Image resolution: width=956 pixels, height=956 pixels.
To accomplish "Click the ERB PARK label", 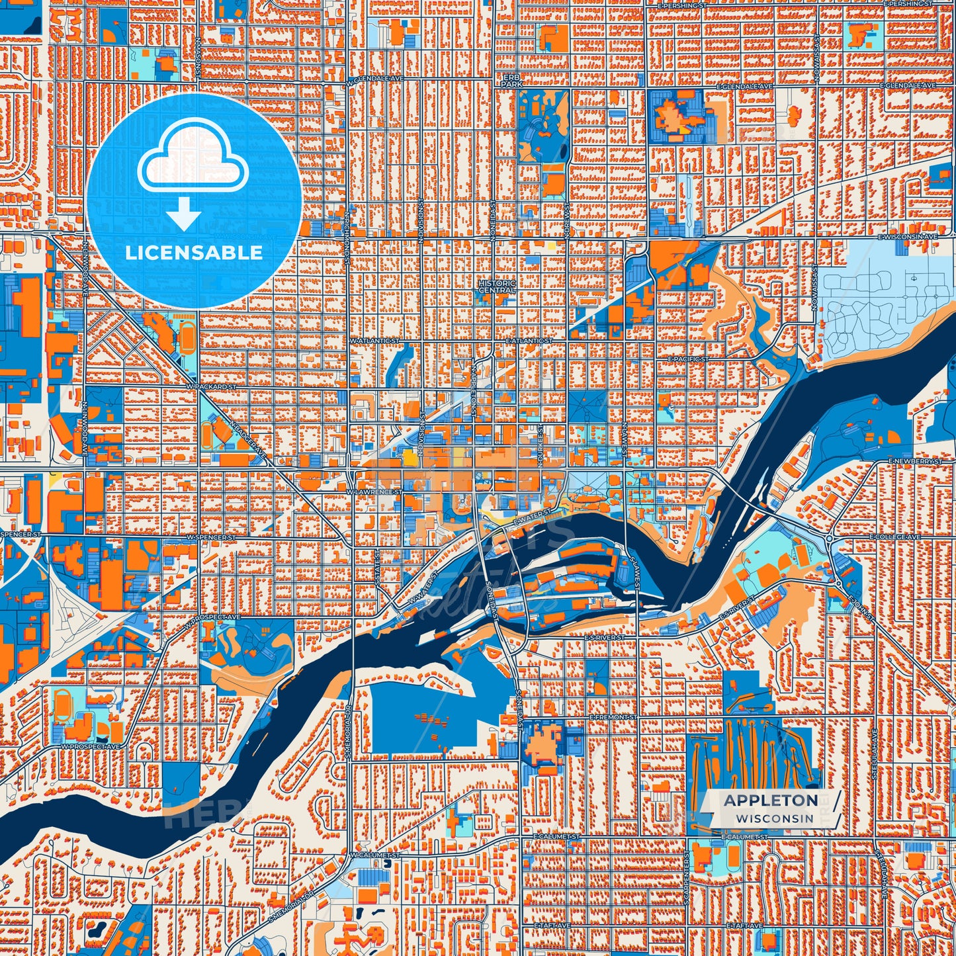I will pyautogui.click(x=511, y=81).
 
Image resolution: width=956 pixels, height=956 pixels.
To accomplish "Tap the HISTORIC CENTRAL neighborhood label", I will pyautogui.click(x=497, y=286).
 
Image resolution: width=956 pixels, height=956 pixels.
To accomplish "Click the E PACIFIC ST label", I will pyautogui.click(x=688, y=359).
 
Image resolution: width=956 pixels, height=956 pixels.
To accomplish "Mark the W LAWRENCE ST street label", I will pyautogui.click(x=374, y=492).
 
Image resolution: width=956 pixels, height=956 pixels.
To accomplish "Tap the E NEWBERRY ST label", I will pyautogui.click(x=915, y=460).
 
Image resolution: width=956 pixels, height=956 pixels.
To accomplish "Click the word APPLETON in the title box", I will pyautogui.click(x=771, y=801).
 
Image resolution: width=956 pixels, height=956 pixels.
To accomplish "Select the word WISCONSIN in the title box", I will pyautogui.click(x=774, y=818).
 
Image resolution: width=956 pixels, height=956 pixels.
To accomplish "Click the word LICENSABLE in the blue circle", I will pyautogui.click(x=194, y=253).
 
